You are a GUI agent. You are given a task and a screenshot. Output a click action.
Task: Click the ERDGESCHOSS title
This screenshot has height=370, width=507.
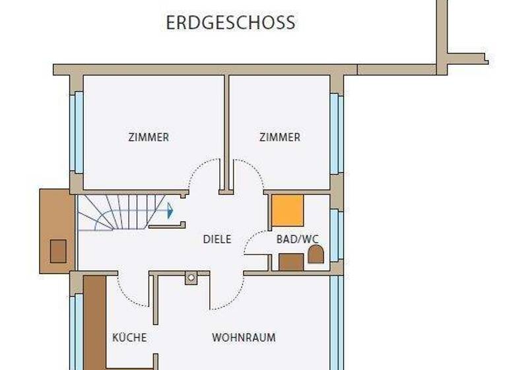click(x=230, y=23)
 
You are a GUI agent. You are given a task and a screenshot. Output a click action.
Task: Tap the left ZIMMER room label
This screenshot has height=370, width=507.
click(x=149, y=137)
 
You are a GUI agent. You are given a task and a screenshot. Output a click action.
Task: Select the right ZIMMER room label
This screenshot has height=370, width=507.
click(x=280, y=137)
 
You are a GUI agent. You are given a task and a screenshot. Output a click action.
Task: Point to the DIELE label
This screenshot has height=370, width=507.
click(x=217, y=239)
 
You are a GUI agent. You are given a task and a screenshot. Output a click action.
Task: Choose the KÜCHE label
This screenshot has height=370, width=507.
click(x=129, y=338)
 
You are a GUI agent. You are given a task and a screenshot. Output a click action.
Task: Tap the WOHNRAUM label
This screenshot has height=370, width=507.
click(x=244, y=338)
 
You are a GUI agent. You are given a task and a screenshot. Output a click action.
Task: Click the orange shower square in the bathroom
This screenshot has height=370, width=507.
click(x=288, y=211)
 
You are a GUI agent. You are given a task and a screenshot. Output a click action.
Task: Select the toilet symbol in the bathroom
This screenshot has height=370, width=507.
click(x=316, y=254)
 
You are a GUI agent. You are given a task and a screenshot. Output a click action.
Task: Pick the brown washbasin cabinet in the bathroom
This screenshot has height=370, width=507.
click(x=291, y=262)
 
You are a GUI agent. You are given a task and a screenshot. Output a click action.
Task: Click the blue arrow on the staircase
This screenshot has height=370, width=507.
click(x=170, y=211)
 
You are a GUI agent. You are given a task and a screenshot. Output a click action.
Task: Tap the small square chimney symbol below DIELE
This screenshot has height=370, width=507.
click(x=191, y=278)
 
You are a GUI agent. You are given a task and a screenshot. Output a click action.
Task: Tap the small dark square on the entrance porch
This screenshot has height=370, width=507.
click(x=58, y=251)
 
